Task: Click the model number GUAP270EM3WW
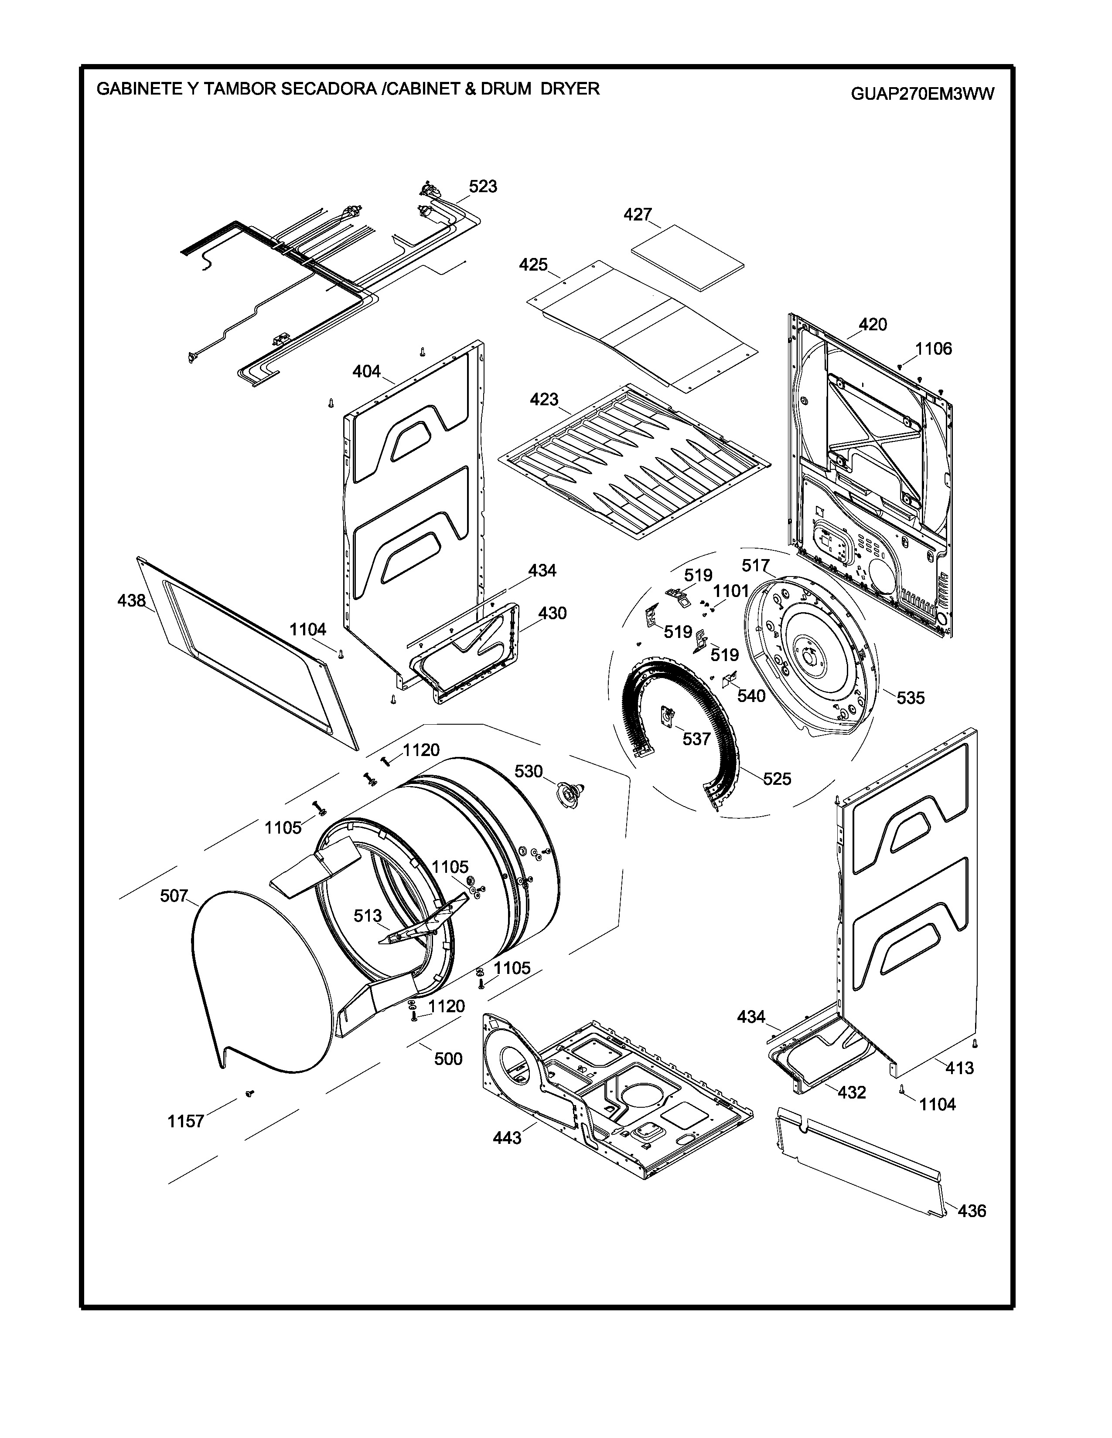pos(922,94)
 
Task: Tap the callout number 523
pos(483,187)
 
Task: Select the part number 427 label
pos(638,215)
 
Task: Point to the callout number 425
pos(533,265)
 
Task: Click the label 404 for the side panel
pos(366,372)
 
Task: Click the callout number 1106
pos(934,349)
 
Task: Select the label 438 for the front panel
pos(132,600)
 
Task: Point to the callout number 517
pos(756,566)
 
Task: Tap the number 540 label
pos(751,696)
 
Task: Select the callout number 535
pos(911,698)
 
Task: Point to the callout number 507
pos(174,895)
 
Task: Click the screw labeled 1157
pos(249,1094)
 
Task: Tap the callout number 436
pos(972,1210)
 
